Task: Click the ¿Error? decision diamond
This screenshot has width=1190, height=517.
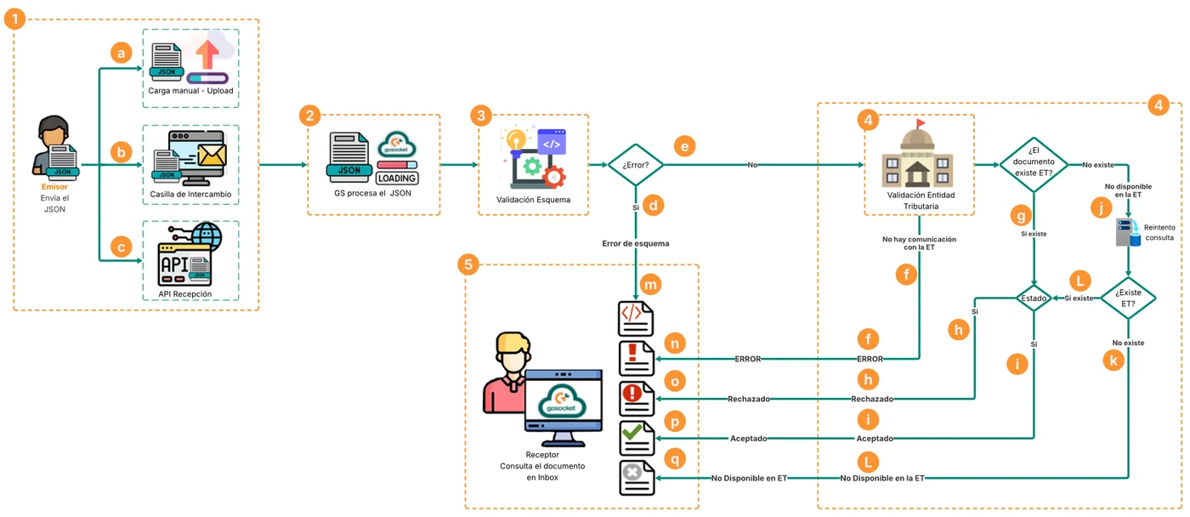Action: pos(636,165)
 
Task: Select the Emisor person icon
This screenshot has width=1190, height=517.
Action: pos(56,148)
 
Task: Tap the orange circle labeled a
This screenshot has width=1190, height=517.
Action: pos(121,53)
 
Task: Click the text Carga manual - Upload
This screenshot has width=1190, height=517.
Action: pos(190,91)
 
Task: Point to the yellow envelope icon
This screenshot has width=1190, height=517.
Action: pos(212,155)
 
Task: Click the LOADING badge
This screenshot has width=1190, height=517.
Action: pos(397,179)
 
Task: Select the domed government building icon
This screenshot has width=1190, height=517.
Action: pos(917,154)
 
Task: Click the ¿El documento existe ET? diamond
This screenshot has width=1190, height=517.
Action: pos(1034,165)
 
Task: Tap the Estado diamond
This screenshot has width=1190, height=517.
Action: pos(1034,298)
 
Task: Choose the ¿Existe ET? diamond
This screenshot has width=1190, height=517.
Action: pos(1128,298)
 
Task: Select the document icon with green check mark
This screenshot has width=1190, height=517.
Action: pos(637,438)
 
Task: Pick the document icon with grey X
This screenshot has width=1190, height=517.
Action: pos(637,478)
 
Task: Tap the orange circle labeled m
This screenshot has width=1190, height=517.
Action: pos(650,285)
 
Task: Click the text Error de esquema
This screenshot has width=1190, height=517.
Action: pos(636,243)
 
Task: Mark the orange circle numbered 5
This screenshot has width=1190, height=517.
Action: pos(468,264)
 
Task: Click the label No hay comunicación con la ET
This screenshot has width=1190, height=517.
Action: pos(919,243)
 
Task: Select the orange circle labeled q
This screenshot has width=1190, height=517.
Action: pos(675,458)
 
